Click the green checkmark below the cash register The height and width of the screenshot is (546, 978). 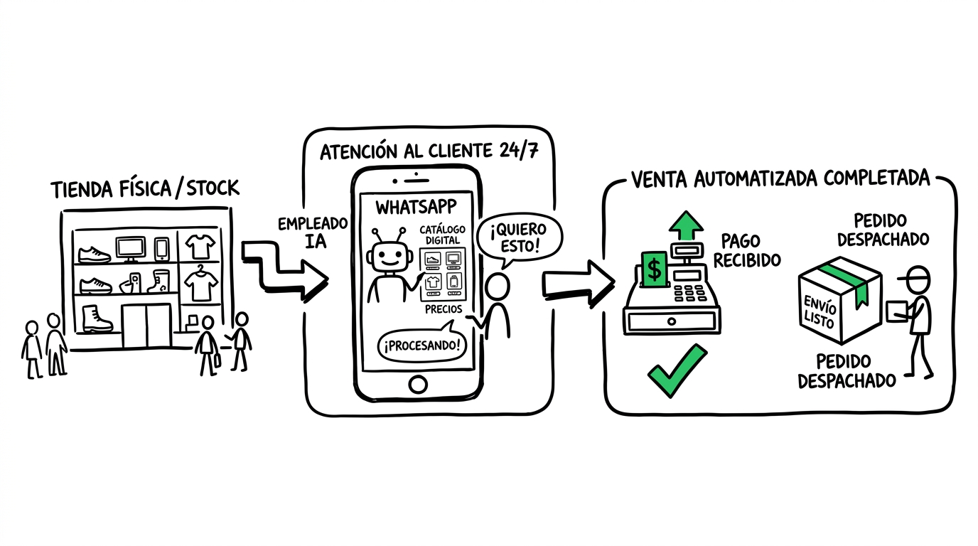tap(675, 370)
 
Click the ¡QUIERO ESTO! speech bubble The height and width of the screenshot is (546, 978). tap(518, 238)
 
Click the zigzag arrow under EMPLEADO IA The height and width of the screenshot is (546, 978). tap(285, 271)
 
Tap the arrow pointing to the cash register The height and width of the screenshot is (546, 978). tap(578, 283)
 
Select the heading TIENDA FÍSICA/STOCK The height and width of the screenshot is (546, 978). tap(145, 188)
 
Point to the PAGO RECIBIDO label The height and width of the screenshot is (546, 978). tap(746, 250)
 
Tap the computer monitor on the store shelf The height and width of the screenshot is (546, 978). tap(130, 248)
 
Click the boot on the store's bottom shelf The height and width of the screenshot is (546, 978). tap(96, 318)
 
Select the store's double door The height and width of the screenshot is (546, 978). tap(146, 325)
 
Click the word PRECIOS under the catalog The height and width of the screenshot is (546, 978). tap(444, 309)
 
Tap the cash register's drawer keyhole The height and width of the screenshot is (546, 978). tap(672, 321)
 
